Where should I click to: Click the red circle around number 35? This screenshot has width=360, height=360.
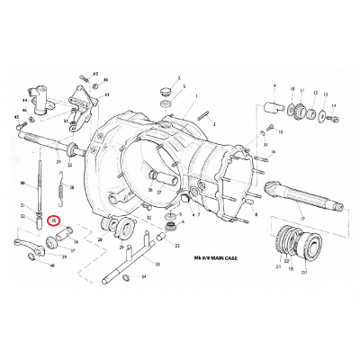coord(54,220)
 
